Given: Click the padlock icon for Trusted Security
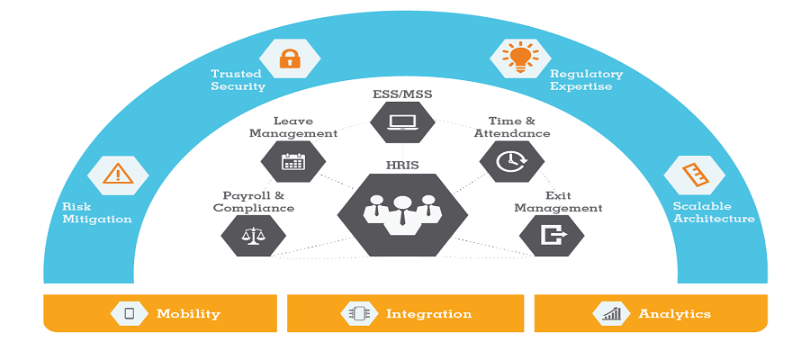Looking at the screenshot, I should [289, 59].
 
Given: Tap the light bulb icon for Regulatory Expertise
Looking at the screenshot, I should [519, 57].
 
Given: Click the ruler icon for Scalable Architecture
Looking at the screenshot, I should [693, 174].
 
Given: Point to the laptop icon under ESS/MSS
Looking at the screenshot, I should [402, 121].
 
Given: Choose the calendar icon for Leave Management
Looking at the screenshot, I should [293, 161].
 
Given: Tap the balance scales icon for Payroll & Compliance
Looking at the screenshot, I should [254, 235].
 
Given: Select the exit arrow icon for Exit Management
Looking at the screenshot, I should [551, 235].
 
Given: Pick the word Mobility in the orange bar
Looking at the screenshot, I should [188, 314].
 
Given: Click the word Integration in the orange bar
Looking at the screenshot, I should [428, 314].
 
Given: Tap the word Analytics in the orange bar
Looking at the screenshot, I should [674, 314].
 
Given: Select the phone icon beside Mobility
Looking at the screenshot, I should [129, 313].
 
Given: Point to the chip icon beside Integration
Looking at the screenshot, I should [357, 313].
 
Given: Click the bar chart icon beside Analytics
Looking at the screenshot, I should [611, 313].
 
